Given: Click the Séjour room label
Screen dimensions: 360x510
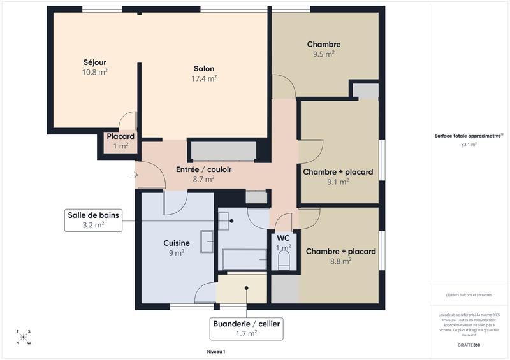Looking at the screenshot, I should pos(94,62).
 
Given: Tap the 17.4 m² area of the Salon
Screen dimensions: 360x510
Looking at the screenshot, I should pos(204,78).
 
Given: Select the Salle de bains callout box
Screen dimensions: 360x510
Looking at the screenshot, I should pos(94,220).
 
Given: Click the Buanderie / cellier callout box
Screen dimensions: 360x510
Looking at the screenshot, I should pos(245,328).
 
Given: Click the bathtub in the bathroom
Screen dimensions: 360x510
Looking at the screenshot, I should pos(244,259).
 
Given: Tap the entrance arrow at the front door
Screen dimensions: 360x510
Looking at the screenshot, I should pos(135,174).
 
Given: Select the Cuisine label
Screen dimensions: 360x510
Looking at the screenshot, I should pos(176,243).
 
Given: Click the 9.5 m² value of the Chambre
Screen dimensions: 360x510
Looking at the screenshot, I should pos(324,54).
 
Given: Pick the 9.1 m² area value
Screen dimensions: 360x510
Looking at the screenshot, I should pos(338,182).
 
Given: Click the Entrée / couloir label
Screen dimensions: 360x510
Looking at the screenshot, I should pos(203,170).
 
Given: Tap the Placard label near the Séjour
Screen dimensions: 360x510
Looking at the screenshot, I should pos(120,137).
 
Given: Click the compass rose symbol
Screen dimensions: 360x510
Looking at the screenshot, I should pos(24,338).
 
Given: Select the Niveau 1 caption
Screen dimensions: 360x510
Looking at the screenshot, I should pos(216,351).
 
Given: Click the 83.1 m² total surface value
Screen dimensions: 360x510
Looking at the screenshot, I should pos(469,145).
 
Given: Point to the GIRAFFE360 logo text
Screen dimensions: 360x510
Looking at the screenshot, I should pos(469,345).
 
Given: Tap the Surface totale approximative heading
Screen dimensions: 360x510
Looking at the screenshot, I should pos(469,136).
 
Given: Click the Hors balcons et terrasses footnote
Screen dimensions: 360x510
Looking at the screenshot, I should pos(469,295).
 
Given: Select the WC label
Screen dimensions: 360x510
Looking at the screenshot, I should pos(283,238).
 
